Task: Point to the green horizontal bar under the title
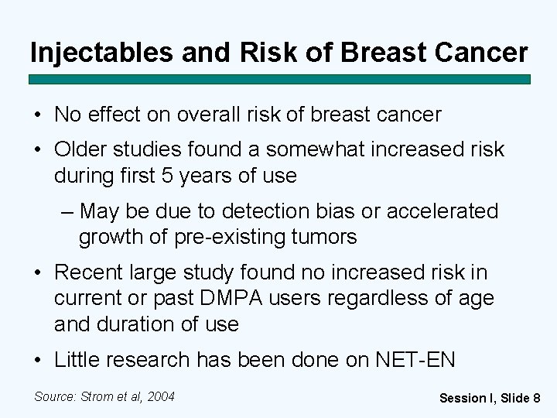tap(279, 79)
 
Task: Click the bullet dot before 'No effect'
tap(37, 115)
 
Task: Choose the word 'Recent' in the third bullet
tap(90, 272)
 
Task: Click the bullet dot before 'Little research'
tap(37, 360)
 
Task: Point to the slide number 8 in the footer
tap(536, 398)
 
